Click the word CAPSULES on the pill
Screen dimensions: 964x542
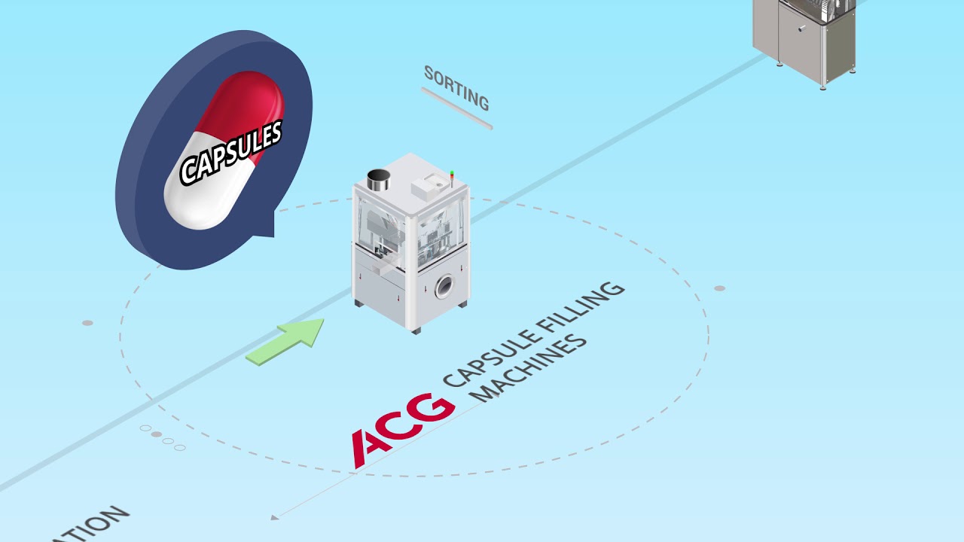click(231, 153)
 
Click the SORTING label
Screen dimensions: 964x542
click(456, 87)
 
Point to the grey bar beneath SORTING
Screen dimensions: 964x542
click(456, 108)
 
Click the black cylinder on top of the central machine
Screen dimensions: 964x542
click(378, 180)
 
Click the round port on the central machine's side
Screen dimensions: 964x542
click(444, 285)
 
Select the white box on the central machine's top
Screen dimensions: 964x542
click(426, 183)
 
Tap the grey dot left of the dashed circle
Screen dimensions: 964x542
click(87, 323)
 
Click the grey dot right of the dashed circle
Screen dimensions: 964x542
click(719, 288)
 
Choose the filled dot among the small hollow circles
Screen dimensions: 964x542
click(157, 434)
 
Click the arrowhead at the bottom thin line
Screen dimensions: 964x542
click(275, 517)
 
